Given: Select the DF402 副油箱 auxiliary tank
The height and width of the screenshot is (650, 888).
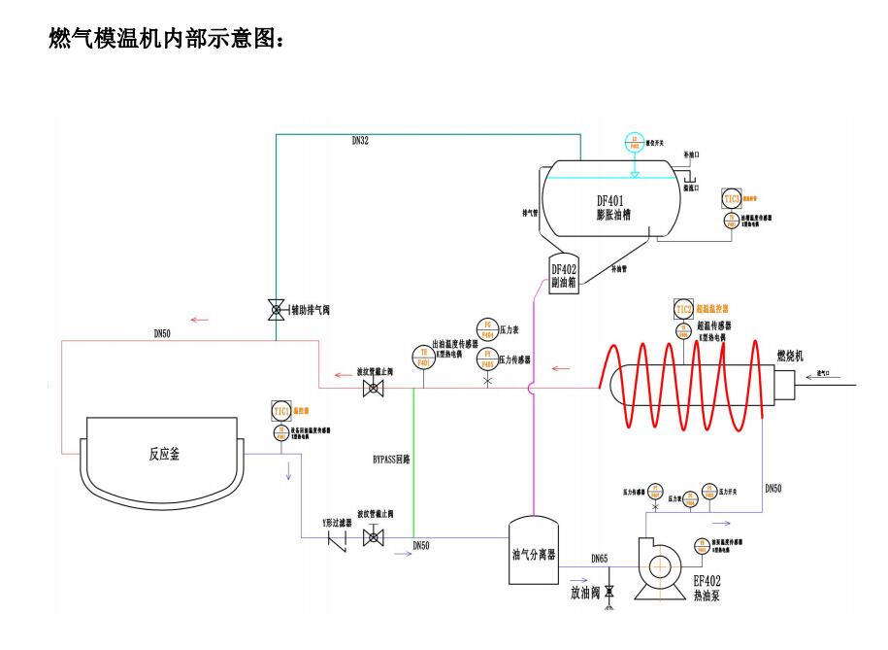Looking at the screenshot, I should point(565,276).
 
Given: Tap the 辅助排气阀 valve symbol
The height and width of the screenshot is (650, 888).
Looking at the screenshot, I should point(276,311).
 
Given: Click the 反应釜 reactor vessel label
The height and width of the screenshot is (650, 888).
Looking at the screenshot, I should point(164,453).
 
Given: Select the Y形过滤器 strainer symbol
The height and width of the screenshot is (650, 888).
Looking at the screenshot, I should point(339,537).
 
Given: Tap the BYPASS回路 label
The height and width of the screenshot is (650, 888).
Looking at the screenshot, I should point(392,459).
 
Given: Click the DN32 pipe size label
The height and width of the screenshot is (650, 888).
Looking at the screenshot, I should point(360,141).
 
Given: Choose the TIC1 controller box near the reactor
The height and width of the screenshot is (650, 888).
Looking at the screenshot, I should point(280,410).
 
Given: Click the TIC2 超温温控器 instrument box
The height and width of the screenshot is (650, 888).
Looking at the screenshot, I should point(684,309).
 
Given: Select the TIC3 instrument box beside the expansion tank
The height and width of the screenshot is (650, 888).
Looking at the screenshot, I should point(732,198).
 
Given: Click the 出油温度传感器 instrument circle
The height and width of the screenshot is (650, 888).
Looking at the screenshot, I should point(422,357).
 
